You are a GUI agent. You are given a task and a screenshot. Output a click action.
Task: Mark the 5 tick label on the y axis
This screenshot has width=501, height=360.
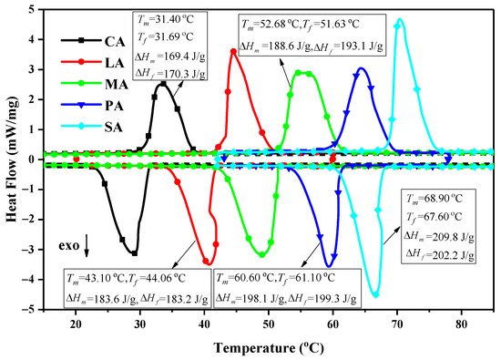pos(34,10)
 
